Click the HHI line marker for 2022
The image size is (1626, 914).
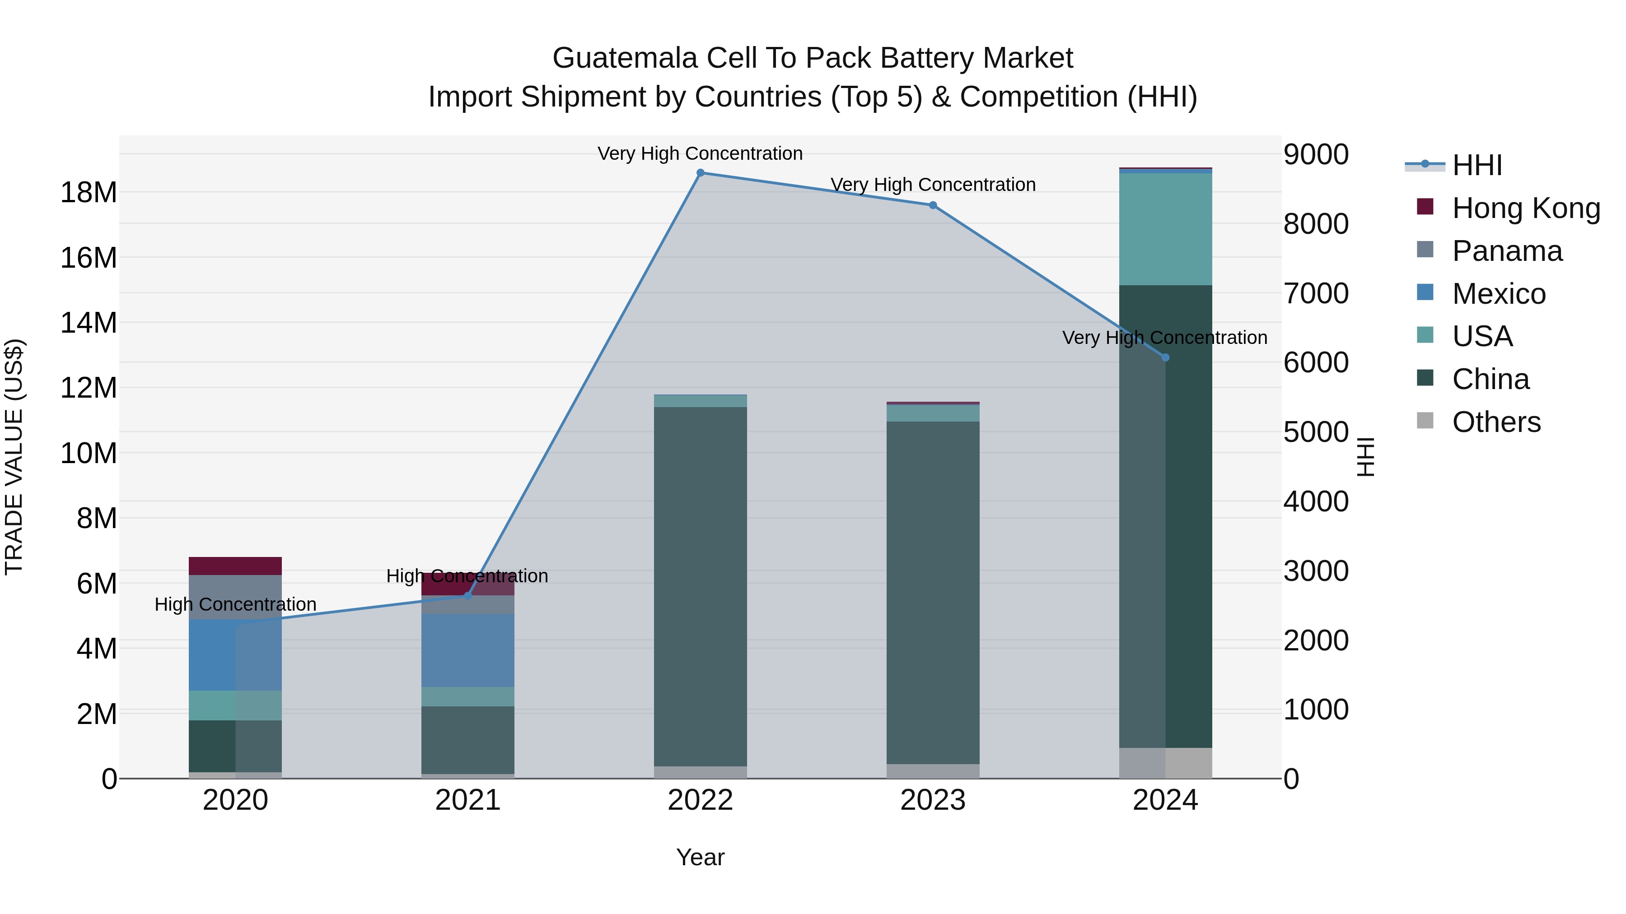pos(700,173)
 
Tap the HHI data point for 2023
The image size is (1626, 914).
pos(933,205)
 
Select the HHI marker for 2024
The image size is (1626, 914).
pos(1165,357)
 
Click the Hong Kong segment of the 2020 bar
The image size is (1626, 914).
pos(235,566)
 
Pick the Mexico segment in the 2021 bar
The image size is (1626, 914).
pos(468,650)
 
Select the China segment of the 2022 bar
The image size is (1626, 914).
pos(700,587)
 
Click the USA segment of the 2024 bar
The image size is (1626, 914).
pos(1165,229)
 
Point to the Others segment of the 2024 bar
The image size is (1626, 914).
pos(1165,763)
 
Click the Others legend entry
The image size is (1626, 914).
pos(1495,422)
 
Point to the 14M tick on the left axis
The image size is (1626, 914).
pos(89,323)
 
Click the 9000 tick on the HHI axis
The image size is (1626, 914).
pos(1316,154)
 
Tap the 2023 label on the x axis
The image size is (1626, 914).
pos(933,800)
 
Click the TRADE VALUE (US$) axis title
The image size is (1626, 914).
pos(14,457)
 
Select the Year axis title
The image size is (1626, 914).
pos(700,857)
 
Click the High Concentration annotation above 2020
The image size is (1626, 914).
pos(235,604)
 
